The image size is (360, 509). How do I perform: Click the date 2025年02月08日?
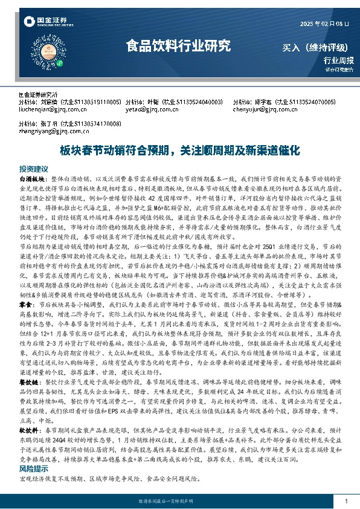[x=324, y=23]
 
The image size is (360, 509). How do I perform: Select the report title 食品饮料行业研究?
[x=178, y=45]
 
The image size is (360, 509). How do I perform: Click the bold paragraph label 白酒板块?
[x=32, y=180]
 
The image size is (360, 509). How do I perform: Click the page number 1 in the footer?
[x=346, y=501]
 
